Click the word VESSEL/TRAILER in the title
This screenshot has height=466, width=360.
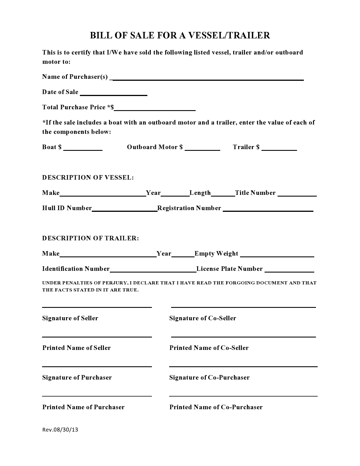click(229, 35)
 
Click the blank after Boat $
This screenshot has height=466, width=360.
click(83, 149)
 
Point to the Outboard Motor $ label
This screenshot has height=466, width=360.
click(155, 147)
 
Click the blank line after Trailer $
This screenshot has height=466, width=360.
click(279, 149)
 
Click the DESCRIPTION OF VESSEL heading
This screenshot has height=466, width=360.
click(88, 178)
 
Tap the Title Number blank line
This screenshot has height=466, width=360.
click(297, 194)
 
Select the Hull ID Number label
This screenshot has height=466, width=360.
click(67, 208)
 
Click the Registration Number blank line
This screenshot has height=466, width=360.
click(268, 210)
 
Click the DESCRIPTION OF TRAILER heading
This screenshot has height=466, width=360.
click(90, 238)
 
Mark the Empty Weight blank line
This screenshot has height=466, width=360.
click(277, 255)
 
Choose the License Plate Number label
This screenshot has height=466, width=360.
click(230, 269)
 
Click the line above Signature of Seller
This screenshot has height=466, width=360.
click(97, 307)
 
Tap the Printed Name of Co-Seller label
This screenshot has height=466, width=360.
click(209, 348)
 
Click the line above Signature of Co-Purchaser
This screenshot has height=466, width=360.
click(243, 367)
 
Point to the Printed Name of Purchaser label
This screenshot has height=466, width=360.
click(83, 407)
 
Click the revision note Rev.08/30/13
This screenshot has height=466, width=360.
click(60, 430)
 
